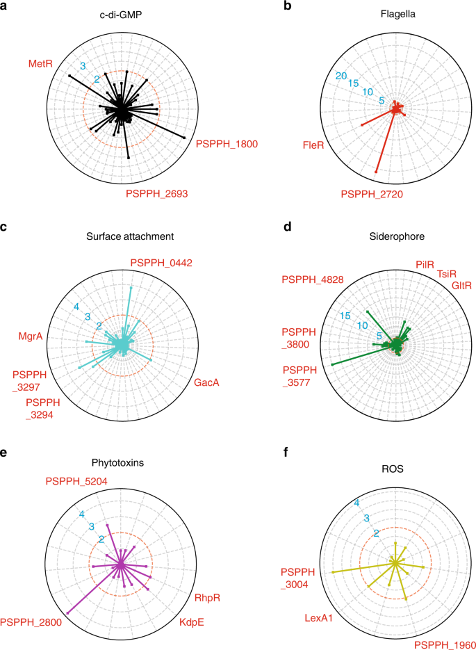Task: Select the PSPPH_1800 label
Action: tap(227, 145)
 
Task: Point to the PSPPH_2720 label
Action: tap(372, 196)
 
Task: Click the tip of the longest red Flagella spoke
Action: tap(376, 172)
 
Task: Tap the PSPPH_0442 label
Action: tap(161, 263)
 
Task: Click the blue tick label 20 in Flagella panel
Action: tap(341, 75)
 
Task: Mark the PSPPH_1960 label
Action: tap(443, 644)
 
